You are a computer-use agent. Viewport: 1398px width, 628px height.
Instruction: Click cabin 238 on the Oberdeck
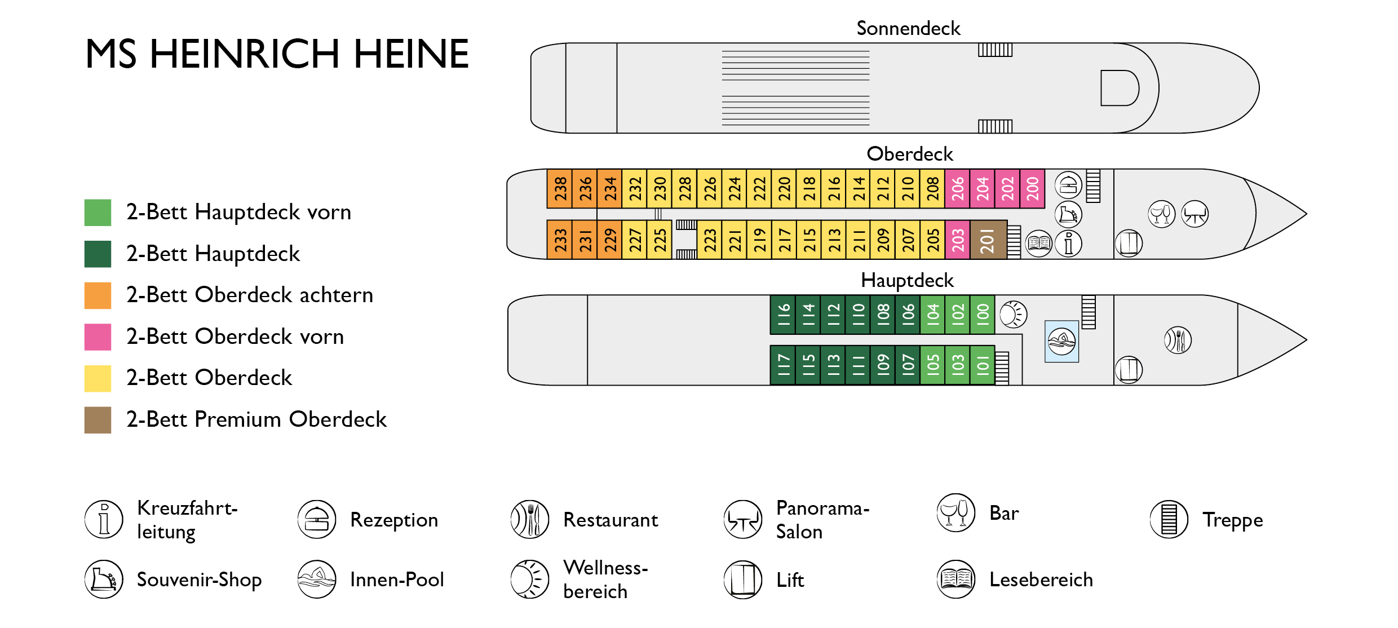coord(560,189)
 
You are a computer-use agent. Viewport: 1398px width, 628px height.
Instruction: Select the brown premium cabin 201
coord(988,240)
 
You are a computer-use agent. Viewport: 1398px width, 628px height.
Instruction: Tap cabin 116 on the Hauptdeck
coord(783,315)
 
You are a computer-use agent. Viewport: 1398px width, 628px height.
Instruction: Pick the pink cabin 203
coord(957,240)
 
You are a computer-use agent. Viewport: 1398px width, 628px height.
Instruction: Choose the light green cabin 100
coord(983,315)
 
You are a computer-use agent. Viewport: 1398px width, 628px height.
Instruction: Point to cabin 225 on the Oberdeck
coord(659,240)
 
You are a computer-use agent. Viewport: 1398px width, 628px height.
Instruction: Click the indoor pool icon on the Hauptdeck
coord(1061,342)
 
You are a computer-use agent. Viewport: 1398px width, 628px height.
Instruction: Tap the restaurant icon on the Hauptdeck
coord(1178,340)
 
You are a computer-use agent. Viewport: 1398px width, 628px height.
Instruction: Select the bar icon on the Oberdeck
coord(1162,214)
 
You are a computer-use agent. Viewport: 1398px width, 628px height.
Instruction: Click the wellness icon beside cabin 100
coord(1013,315)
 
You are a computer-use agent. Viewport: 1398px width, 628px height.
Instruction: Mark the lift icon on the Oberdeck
coord(1129,244)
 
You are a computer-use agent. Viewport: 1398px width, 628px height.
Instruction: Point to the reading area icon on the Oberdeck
coord(1038,244)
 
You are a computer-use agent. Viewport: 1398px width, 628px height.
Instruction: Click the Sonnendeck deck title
coord(908,28)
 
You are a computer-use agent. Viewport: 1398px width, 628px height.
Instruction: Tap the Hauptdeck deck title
coord(907,280)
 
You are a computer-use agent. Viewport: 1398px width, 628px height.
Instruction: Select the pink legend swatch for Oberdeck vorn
coord(98,337)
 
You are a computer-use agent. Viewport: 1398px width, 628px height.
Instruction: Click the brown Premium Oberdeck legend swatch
coord(98,420)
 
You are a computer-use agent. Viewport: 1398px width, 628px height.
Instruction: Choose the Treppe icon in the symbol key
coord(1169,519)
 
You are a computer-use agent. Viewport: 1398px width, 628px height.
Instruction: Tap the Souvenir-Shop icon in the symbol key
coord(104,579)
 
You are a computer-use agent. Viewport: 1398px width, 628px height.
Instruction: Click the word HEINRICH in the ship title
coord(245,54)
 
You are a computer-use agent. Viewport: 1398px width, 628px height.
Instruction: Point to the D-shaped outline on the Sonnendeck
coord(1118,88)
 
